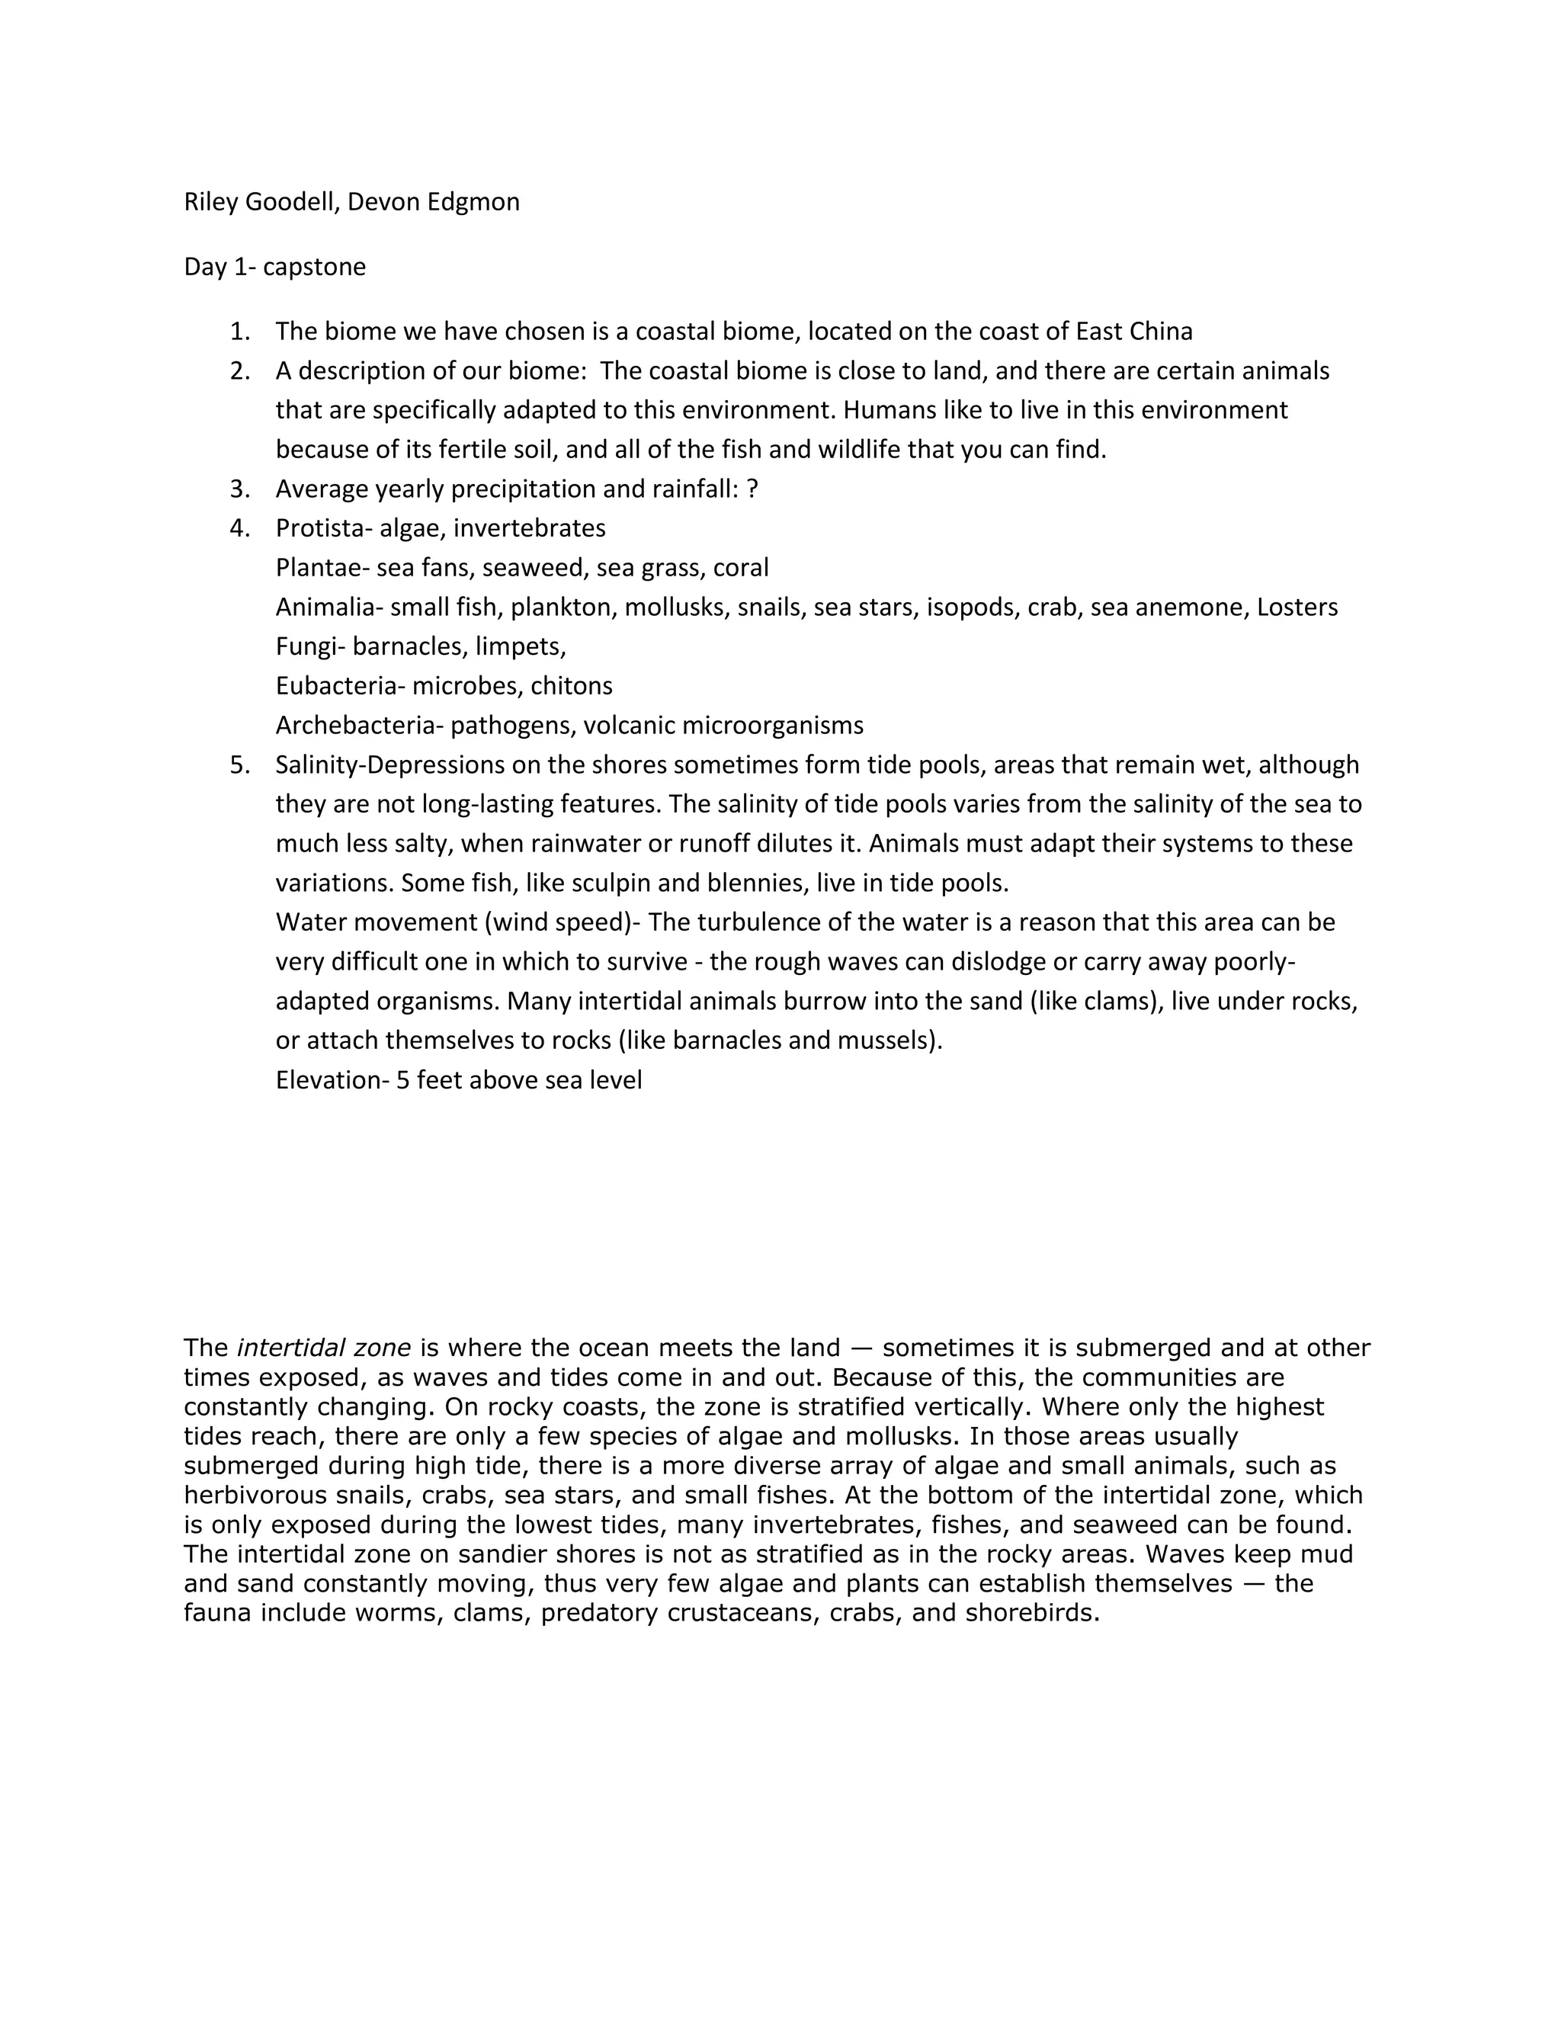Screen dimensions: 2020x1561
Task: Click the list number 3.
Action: click(239, 489)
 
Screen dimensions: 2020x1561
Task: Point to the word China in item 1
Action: click(1161, 331)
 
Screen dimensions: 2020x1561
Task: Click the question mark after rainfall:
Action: click(752, 489)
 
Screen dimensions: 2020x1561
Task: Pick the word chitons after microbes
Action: click(572, 686)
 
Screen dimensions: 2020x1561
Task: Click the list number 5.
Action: click(239, 765)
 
